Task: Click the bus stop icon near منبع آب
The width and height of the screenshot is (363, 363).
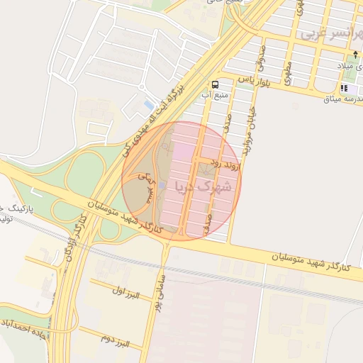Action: click(215, 84)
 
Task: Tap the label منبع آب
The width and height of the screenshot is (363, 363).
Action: click(216, 95)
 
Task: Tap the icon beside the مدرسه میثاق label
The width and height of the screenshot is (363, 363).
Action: click(344, 88)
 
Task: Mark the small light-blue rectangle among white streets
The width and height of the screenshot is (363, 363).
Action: click(148, 104)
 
